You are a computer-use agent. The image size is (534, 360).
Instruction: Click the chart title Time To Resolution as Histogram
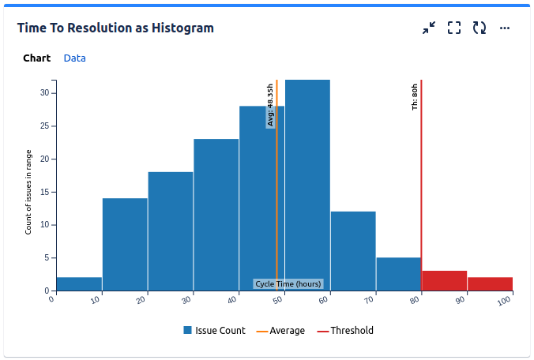tap(115, 28)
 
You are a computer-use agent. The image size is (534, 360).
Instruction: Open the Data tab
tap(75, 58)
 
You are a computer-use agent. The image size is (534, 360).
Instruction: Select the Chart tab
tap(36, 58)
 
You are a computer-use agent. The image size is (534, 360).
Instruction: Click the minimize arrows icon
tap(429, 28)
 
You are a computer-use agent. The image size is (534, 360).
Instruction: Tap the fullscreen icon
tap(454, 28)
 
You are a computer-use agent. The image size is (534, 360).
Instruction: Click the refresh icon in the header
tap(479, 28)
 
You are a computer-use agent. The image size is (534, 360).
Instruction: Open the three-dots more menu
tap(505, 28)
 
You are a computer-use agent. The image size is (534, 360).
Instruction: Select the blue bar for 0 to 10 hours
tap(79, 284)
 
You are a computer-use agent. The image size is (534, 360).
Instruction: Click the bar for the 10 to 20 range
tap(125, 245)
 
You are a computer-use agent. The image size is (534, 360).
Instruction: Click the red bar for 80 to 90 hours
tap(444, 280)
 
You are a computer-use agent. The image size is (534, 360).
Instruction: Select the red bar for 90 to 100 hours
tap(490, 284)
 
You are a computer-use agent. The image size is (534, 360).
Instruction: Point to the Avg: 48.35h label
tap(270, 105)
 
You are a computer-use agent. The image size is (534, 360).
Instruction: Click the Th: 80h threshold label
tap(415, 96)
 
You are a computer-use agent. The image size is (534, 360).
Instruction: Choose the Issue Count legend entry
tap(214, 331)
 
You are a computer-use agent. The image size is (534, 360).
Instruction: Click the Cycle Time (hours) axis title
tap(288, 284)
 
